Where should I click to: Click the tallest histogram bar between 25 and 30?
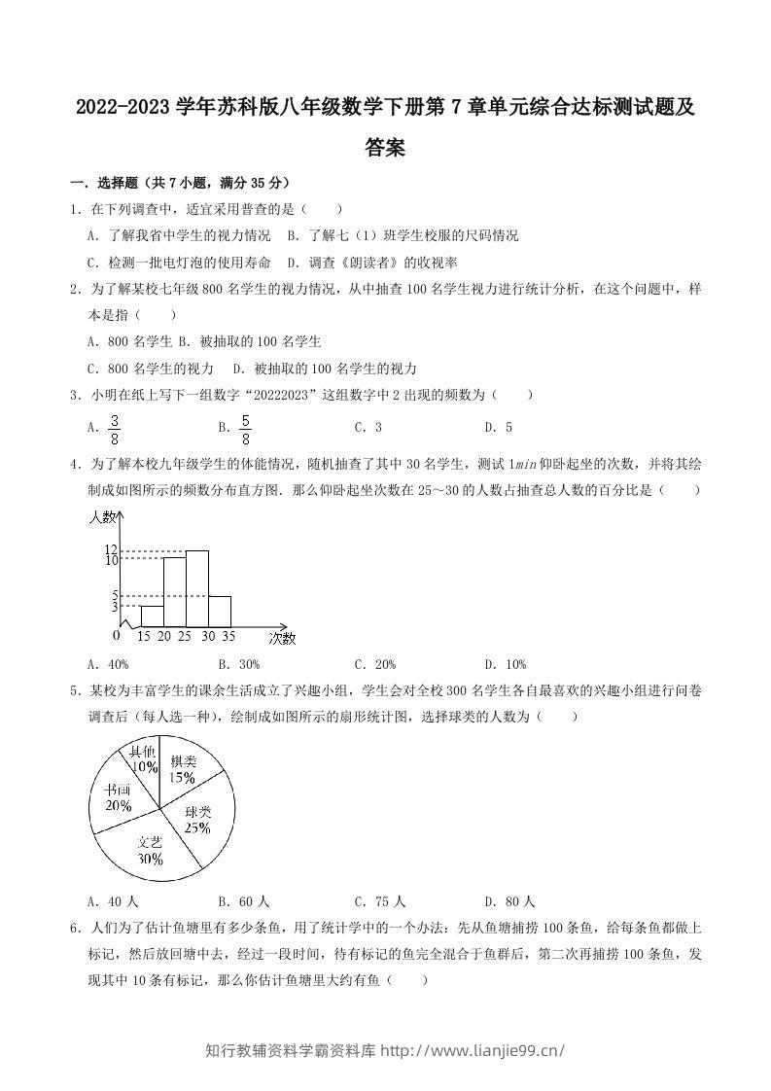coord(197,588)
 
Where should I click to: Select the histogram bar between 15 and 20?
coord(152,616)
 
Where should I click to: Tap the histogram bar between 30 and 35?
coord(220,611)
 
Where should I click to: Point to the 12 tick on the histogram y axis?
coord(111,550)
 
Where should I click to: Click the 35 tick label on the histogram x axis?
coord(228,637)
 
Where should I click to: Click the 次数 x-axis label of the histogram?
coord(282,638)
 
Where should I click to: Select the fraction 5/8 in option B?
coord(245,427)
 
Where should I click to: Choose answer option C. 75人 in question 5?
coord(380,901)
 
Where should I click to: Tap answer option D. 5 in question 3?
coord(498,427)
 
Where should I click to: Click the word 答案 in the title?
coord(385,148)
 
